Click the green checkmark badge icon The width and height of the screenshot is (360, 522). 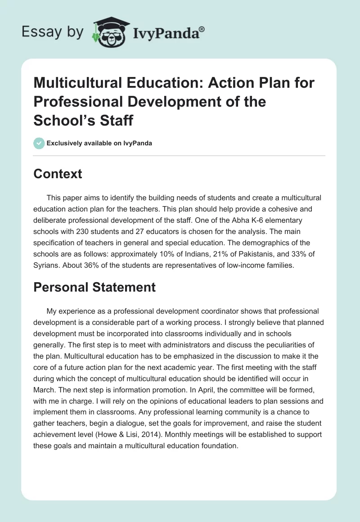pos(39,143)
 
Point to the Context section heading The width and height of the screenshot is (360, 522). pos(58,174)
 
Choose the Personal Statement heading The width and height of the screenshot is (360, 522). pos(94,287)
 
